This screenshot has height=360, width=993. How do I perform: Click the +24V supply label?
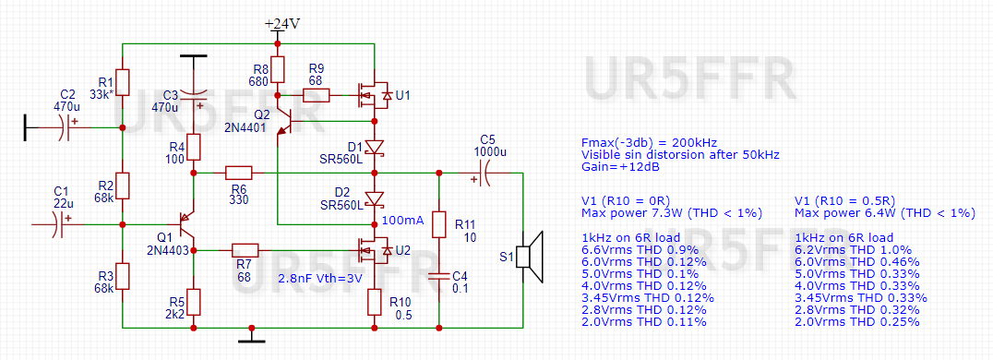pyautogui.click(x=282, y=24)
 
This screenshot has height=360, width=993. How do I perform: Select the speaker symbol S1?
pyautogui.click(x=531, y=257)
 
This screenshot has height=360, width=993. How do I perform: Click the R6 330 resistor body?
pyautogui.click(x=239, y=173)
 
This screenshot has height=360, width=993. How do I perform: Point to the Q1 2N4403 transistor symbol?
pyautogui.click(x=185, y=224)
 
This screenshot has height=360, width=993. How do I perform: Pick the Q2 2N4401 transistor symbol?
pyautogui.click(x=288, y=120)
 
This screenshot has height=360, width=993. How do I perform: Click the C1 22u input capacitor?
pyautogui.click(x=61, y=224)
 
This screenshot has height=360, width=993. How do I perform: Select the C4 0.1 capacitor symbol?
pyautogui.click(x=438, y=276)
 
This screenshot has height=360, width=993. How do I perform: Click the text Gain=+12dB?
pyautogui.click(x=619, y=167)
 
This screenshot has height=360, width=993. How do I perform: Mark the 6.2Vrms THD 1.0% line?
pyautogui.click(x=849, y=250)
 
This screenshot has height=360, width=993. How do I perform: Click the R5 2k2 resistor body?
pyautogui.click(x=194, y=304)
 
